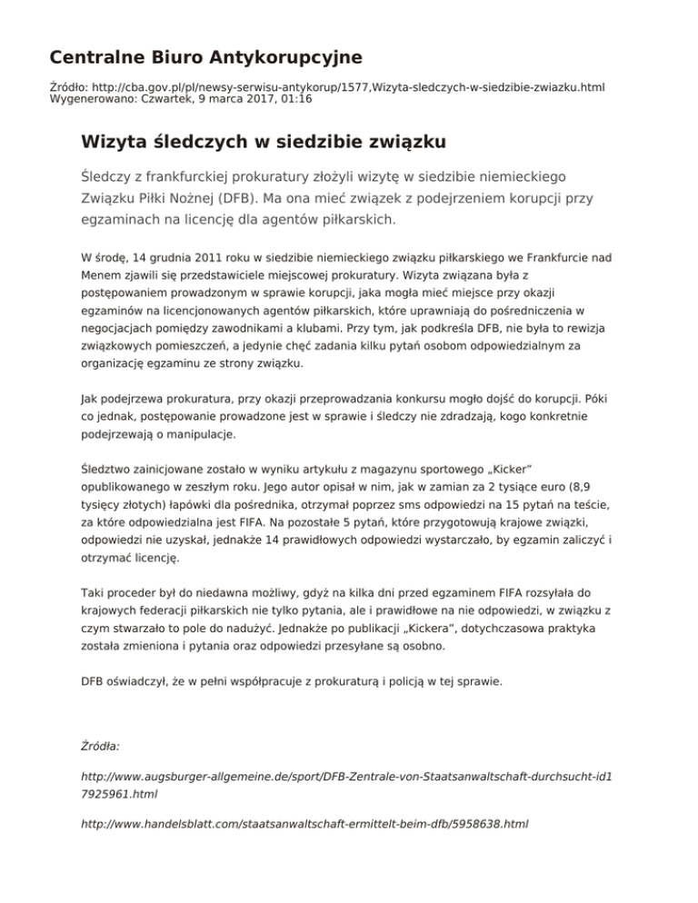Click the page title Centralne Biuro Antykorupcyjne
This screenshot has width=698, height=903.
click(x=205, y=58)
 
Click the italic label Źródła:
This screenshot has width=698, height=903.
click(x=101, y=746)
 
